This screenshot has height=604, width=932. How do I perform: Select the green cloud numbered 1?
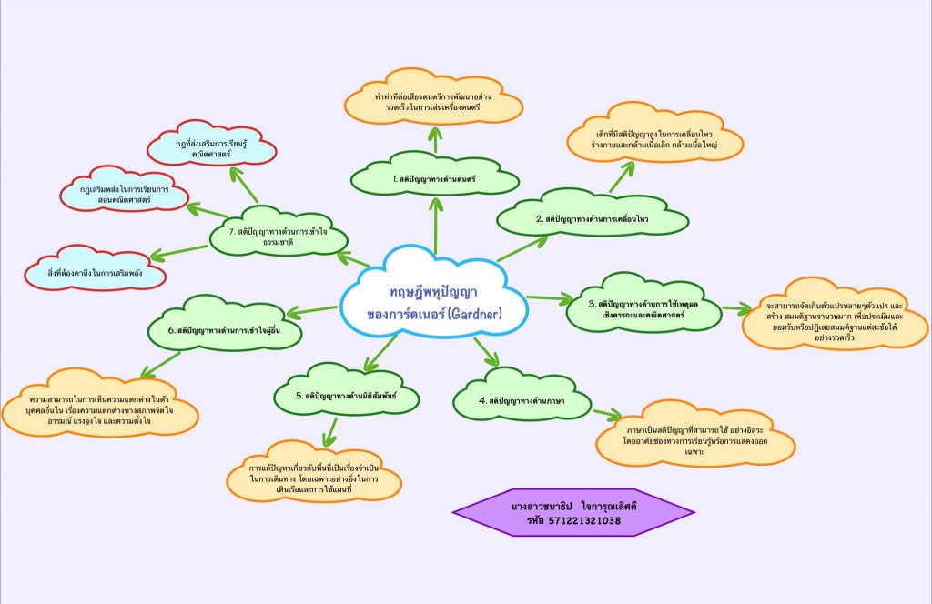(x=434, y=178)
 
